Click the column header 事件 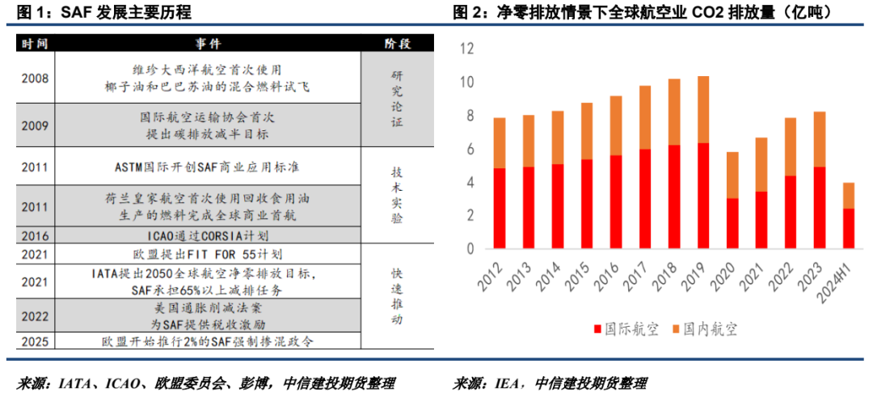click(x=208, y=43)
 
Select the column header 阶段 click(x=395, y=43)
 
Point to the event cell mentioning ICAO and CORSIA click(x=208, y=236)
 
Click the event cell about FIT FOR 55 click(x=208, y=254)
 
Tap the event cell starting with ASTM click(x=208, y=167)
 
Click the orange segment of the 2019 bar click(x=703, y=109)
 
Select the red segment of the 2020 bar click(x=732, y=222)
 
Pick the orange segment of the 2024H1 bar click(x=849, y=195)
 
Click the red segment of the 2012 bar click(x=500, y=208)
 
